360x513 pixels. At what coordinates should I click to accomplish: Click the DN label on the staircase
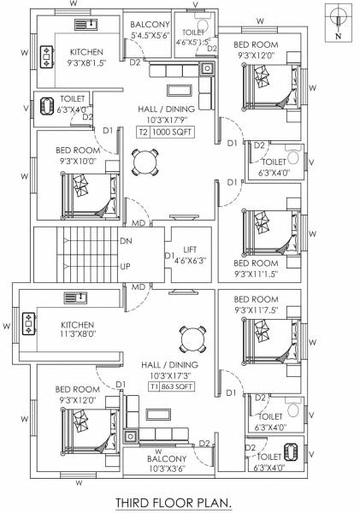pos(126,243)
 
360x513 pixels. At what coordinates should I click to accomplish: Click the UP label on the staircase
pos(125,266)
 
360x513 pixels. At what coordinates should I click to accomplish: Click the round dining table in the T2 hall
pos(145,162)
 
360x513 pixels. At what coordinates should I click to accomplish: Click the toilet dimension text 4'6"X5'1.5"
pos(192,42)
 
